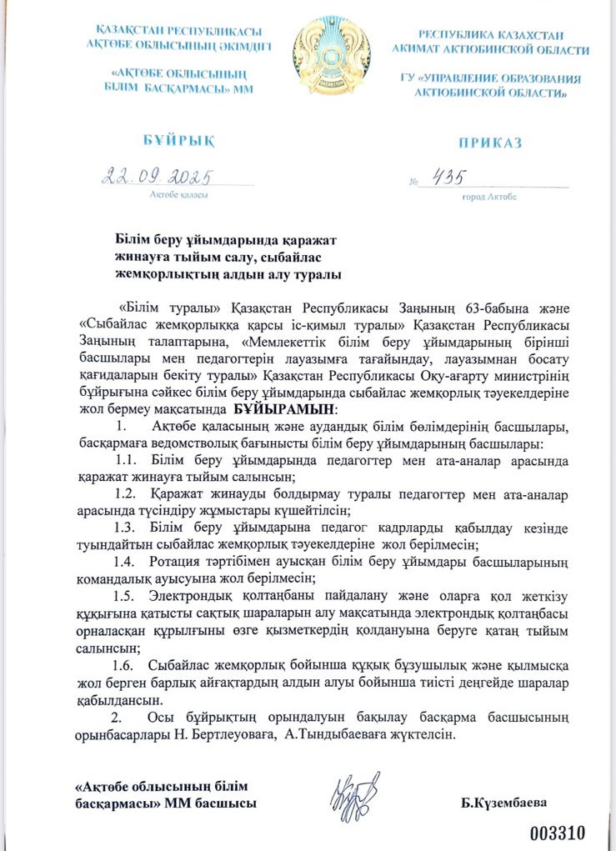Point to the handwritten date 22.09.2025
(x=156, y=177)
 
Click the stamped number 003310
(x=560, y=832)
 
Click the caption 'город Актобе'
(x=488, y=197)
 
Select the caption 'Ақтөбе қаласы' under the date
(x=178, y=195)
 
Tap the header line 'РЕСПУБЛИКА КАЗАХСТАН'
(x=491, y=35)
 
